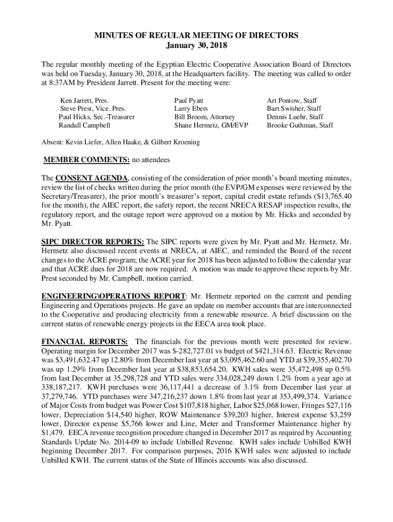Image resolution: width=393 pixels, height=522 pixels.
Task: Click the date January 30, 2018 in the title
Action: [196, 45]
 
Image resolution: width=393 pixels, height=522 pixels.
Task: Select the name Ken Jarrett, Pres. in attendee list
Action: [84, 101]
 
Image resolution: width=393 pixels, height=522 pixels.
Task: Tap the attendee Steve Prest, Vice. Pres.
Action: [93, 109]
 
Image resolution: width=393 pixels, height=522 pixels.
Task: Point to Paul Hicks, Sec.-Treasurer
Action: [96, 117]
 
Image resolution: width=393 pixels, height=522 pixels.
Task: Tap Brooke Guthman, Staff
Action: [300, 125]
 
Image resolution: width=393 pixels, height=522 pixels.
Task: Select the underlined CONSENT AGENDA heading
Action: [92, 178]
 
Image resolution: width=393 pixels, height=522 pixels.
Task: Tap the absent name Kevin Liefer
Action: [83, 142]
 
